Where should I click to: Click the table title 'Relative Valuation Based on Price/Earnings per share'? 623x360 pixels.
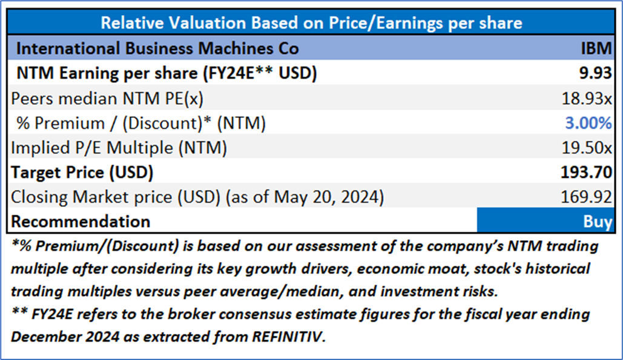tap(311, 23)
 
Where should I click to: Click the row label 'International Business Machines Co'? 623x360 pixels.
tap(157, 48)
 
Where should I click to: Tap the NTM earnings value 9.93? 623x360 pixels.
tap(595, 73)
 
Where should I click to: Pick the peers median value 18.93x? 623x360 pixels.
tap(587, 97)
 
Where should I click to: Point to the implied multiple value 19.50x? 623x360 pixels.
tap(587, 148)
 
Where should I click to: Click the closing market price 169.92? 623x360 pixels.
tap(587, 197)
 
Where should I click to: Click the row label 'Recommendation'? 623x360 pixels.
tap(81, 221)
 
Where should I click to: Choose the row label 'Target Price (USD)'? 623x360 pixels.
tap(82, 172)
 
